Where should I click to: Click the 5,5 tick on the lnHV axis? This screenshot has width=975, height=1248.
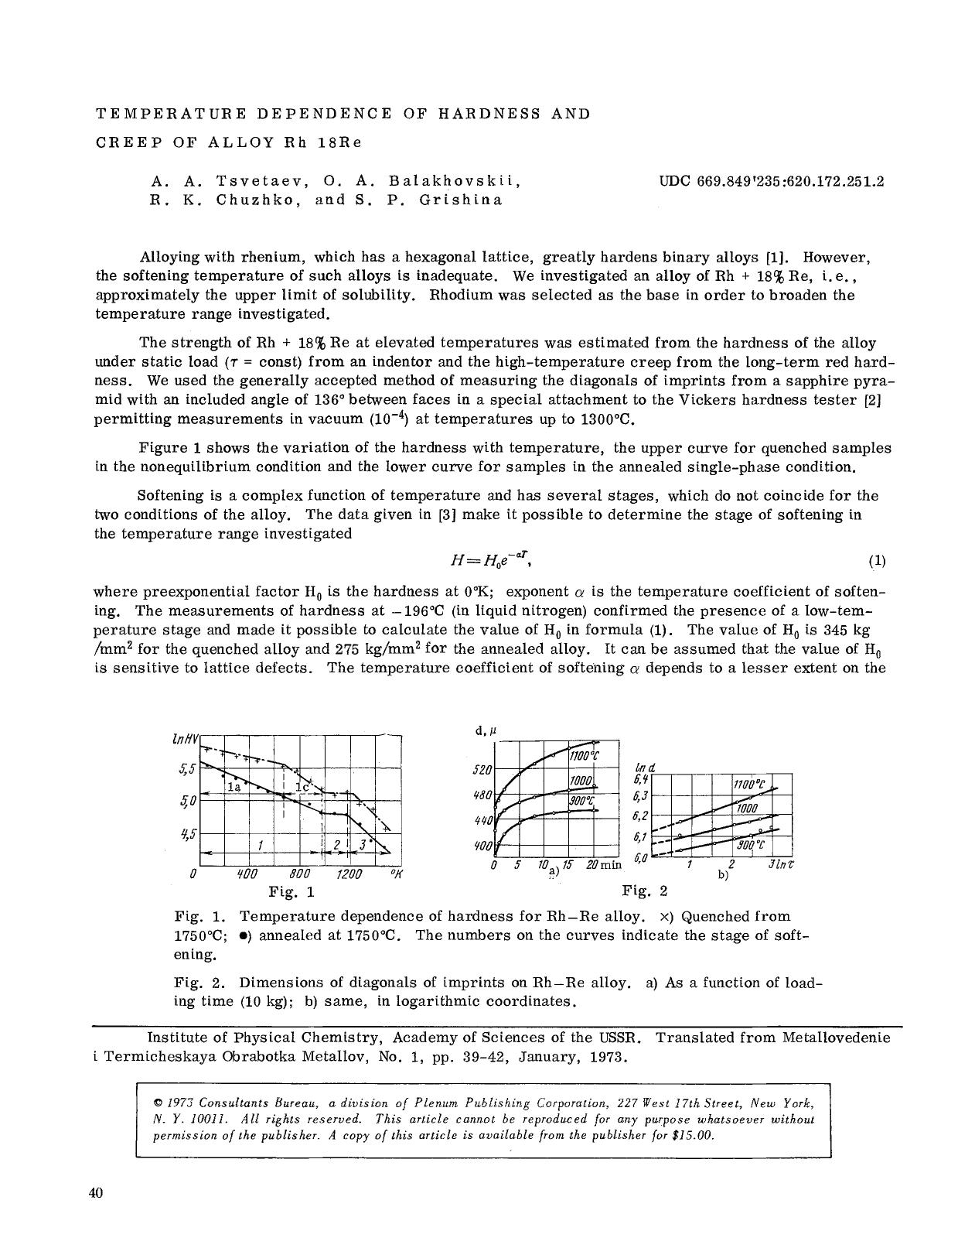(188, 769)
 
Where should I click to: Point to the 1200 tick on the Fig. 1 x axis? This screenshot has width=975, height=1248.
(349, 874)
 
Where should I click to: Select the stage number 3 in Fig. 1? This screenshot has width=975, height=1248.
(361, 845)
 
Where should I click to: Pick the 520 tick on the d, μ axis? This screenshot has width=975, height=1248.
(482, 771)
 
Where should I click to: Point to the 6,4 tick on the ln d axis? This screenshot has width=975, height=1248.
(640, 778)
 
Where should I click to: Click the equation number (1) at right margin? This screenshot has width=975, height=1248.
(877, 561)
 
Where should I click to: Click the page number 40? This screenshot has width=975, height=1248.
(96, 1192)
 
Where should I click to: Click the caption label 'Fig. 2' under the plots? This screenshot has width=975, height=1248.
(639, 891)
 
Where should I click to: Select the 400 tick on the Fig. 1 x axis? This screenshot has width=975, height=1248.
(247, 874)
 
